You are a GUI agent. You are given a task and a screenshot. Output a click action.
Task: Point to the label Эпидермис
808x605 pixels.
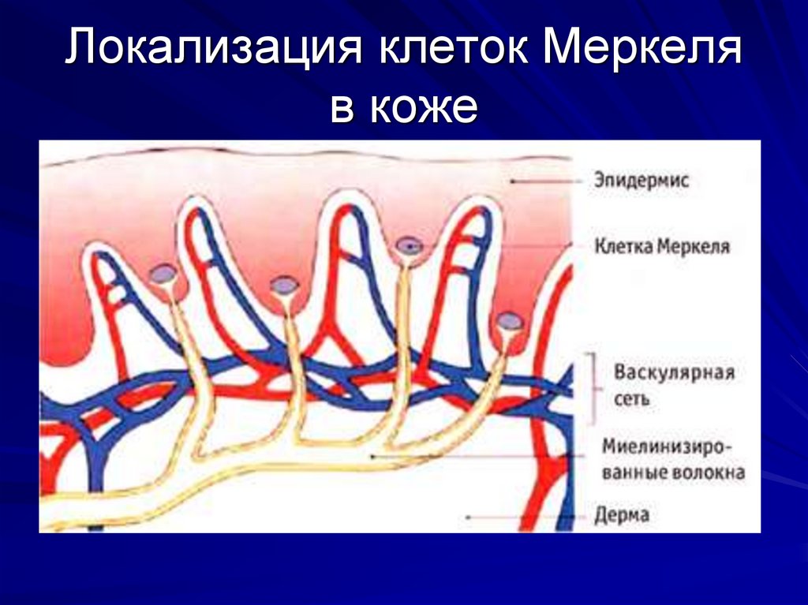pyautogui.click(x=642, y=181)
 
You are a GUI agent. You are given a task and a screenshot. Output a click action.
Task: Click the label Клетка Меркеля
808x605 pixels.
pyautogui.click(x=661, y=246)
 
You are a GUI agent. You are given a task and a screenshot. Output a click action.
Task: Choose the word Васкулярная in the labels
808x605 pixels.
pyautogui.click(x=674, y=372)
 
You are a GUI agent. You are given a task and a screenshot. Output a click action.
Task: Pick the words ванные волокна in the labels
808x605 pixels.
pyautogui.click(x=673, y=473)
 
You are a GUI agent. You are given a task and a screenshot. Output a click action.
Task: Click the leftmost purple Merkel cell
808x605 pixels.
pyautogui.click(x=163, y=274)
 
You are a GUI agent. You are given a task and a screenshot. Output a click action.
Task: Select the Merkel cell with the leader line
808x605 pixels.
pyautogui.click(x=409, y=246)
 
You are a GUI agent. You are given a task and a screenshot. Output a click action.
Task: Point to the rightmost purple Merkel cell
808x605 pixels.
pyautogui.click(x=510, y=320)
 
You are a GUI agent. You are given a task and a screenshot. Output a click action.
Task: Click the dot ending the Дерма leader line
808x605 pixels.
pyautogui.click(x=469, y=517)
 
